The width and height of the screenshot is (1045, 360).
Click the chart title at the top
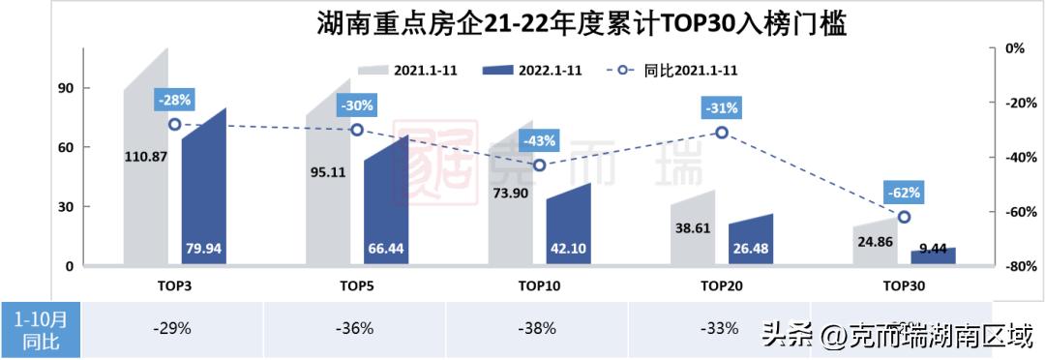(x=582, y=23)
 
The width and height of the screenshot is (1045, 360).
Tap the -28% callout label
(x=175, y=100)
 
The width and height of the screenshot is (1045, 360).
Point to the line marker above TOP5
(x=357, y=130)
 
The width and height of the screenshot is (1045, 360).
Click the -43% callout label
(x=539, y=141)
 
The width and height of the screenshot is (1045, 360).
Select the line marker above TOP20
(x=721, y=133)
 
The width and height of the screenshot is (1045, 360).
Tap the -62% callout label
(x=904, y=192)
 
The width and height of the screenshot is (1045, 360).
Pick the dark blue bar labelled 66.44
(x=385, y=203)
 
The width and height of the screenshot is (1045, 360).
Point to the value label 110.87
(x=146, y=156)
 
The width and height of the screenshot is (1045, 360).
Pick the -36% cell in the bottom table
(x=355, y=328)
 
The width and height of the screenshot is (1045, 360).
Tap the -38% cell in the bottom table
(x=538, y=328)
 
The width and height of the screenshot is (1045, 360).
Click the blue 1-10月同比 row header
(x=41, y=329)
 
